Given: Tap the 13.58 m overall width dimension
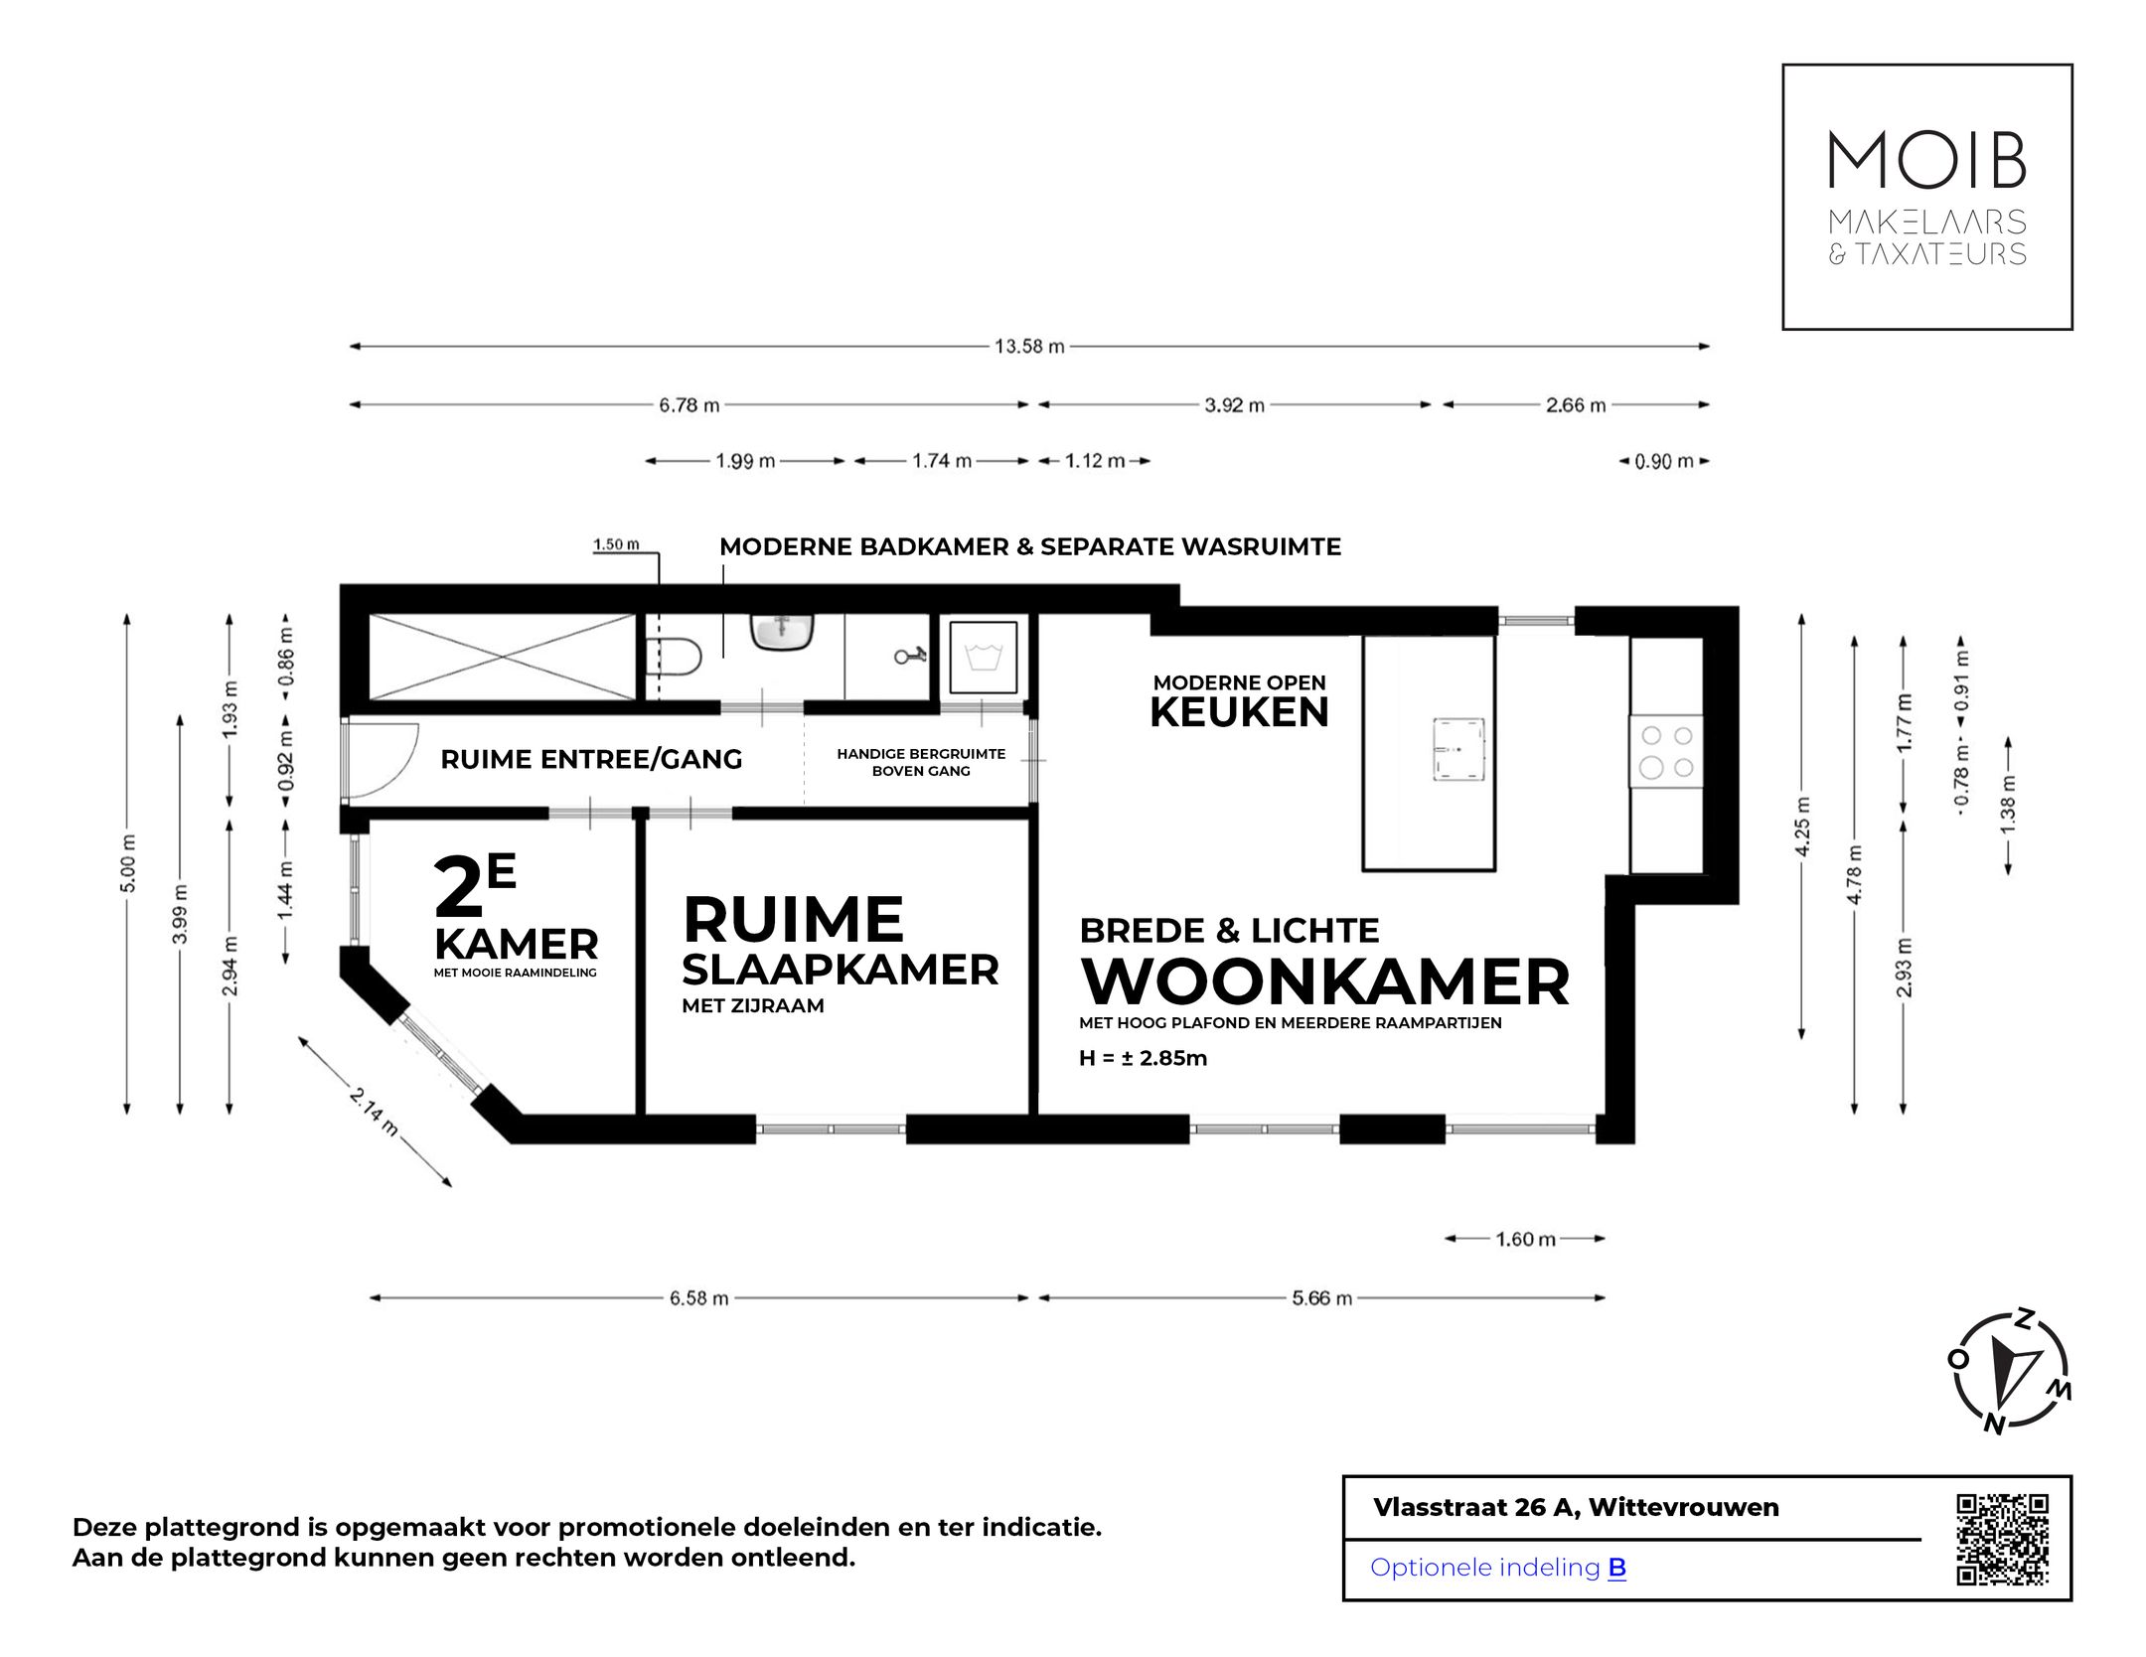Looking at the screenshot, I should click(x=1029, y=347).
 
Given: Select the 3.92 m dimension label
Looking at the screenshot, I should click(x=1234, y=405).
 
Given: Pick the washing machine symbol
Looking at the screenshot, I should click(x=983, y=657).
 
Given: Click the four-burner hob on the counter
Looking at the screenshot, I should click(x=1666, y=752).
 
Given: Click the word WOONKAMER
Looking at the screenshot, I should click(x=1325, y=981).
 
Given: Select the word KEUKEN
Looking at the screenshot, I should click(x=1239, y=712).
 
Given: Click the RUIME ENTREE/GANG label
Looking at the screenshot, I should click(x=591, y=760).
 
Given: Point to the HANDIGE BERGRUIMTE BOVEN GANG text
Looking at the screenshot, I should click(x=921, y=762).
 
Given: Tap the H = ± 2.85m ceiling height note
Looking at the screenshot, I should click(x=1143, y=1058).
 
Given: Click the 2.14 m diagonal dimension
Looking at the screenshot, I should click(x=375, y=1112).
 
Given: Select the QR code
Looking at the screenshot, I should click(x=2002, y=1539).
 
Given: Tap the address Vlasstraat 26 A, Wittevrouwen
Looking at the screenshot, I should click(x=1576, y=1507).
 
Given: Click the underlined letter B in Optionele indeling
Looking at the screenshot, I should click(x=1616, y=1567).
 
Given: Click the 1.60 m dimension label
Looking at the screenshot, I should click(x=1525, y=1239).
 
